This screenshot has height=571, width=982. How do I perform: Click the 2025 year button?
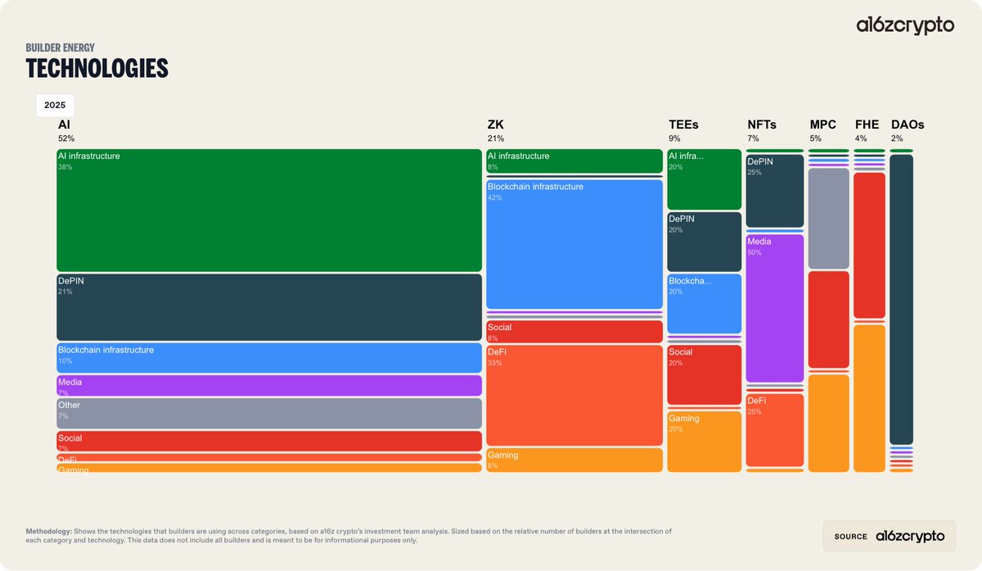[55, 106]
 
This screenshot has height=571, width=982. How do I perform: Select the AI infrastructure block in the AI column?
[268, 211]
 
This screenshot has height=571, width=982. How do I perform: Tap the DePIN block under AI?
[268, 307]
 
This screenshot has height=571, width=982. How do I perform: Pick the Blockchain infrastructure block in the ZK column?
[574, 244]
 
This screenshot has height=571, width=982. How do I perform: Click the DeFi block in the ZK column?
[574, 396]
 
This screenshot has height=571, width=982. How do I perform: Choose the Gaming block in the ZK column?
[574, 460]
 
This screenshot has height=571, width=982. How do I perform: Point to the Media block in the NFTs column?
[774, 308]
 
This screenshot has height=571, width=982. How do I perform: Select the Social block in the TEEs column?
[704, 375]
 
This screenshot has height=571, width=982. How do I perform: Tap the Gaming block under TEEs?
[704, 442]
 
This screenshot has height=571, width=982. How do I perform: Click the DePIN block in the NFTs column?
[774, 191]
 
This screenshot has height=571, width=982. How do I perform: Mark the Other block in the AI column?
[268, 413]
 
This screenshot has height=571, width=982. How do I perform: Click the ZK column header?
[495, 125]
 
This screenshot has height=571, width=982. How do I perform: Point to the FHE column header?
[867, 125]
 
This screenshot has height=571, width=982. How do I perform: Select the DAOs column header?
[907, 125]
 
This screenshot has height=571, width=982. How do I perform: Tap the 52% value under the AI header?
[65, 138]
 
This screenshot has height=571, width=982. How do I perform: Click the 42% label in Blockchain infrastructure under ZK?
[495, 197]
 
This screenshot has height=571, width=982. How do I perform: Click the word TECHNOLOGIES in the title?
[97, 69]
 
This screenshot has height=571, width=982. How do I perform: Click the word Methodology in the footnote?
[49, 531]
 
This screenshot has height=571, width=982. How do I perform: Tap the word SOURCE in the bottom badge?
[850, 537]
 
